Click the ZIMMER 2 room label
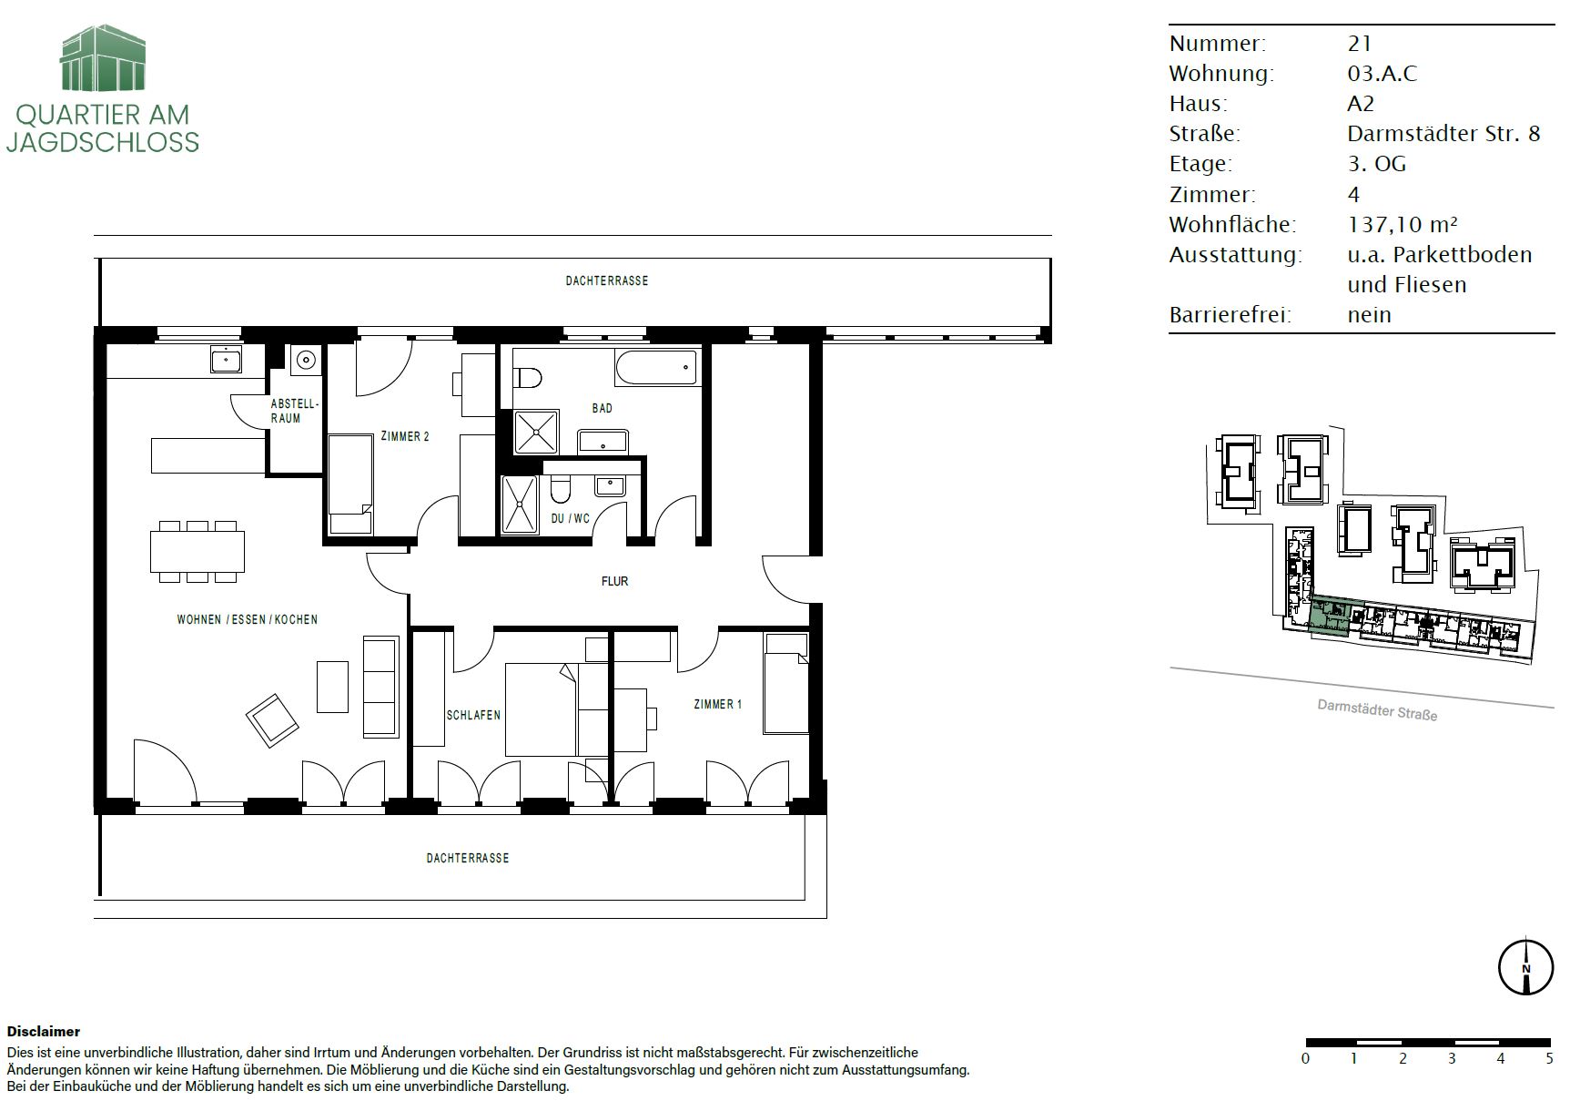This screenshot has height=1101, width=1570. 405,436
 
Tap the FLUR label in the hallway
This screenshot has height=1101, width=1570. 614,581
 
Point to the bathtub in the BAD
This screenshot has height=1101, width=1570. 656,368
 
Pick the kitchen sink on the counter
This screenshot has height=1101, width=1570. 226,359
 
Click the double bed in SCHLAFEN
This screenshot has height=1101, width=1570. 541,709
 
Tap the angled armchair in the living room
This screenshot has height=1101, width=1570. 272,719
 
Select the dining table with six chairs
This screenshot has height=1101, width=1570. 198,551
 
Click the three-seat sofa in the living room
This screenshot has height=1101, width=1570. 381,687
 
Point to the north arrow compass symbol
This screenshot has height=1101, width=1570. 1525,967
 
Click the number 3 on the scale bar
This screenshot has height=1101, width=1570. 1452,1058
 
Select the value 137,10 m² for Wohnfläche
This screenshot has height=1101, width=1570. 1403,224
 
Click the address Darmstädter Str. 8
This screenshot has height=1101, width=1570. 1443,134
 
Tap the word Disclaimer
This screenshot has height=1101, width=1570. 44,1032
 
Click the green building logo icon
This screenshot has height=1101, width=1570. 103,58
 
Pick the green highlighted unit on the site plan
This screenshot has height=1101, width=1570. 1330,615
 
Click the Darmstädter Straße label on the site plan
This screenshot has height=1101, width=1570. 1377,709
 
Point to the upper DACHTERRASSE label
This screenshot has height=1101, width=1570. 607,281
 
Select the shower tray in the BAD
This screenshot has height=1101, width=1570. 537,432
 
